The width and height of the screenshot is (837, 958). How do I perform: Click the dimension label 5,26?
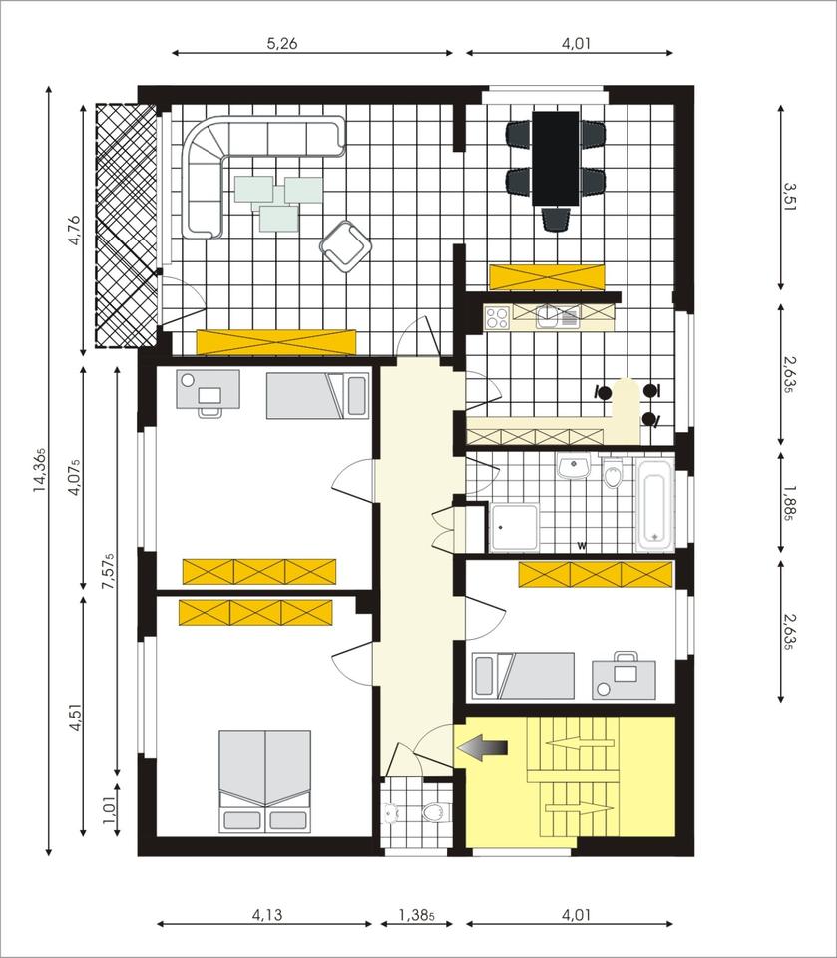[283, 43]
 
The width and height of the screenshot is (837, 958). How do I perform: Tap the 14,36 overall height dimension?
[39, 469]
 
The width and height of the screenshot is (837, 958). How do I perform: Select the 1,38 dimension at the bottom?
[416, 913]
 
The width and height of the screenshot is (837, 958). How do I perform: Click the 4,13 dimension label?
[264, 913]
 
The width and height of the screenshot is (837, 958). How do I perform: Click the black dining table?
[555, 157]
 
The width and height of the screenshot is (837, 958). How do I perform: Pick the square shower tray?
[514, 527]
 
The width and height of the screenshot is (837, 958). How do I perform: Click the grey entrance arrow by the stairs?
[483, 747]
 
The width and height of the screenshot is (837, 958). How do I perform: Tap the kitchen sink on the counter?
[547, 317]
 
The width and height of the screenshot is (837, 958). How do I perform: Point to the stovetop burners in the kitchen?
[497, 318]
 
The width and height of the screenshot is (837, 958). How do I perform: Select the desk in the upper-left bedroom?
[208, 390]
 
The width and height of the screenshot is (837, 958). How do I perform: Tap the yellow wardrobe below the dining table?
[547, 275]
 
